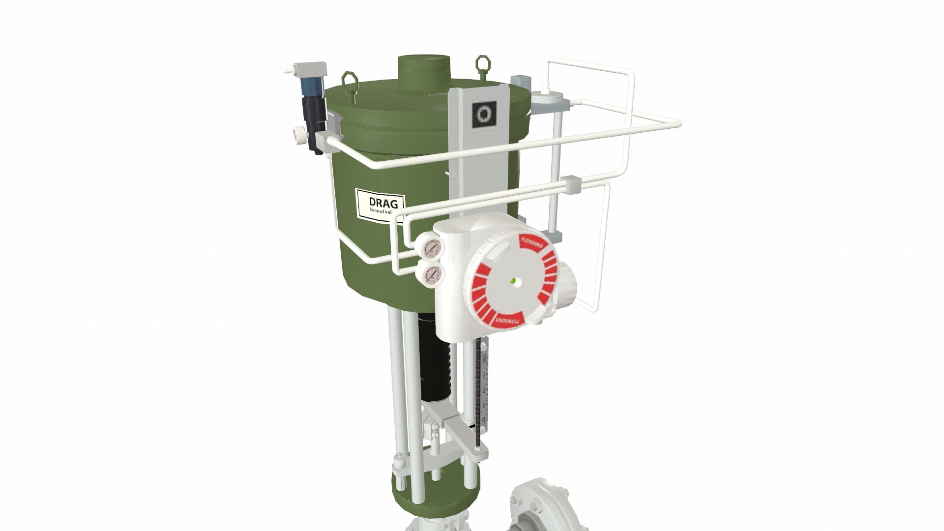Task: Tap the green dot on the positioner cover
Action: coord(513,281)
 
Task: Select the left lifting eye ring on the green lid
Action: coord(349,79)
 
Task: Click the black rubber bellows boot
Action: coord(436,364)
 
